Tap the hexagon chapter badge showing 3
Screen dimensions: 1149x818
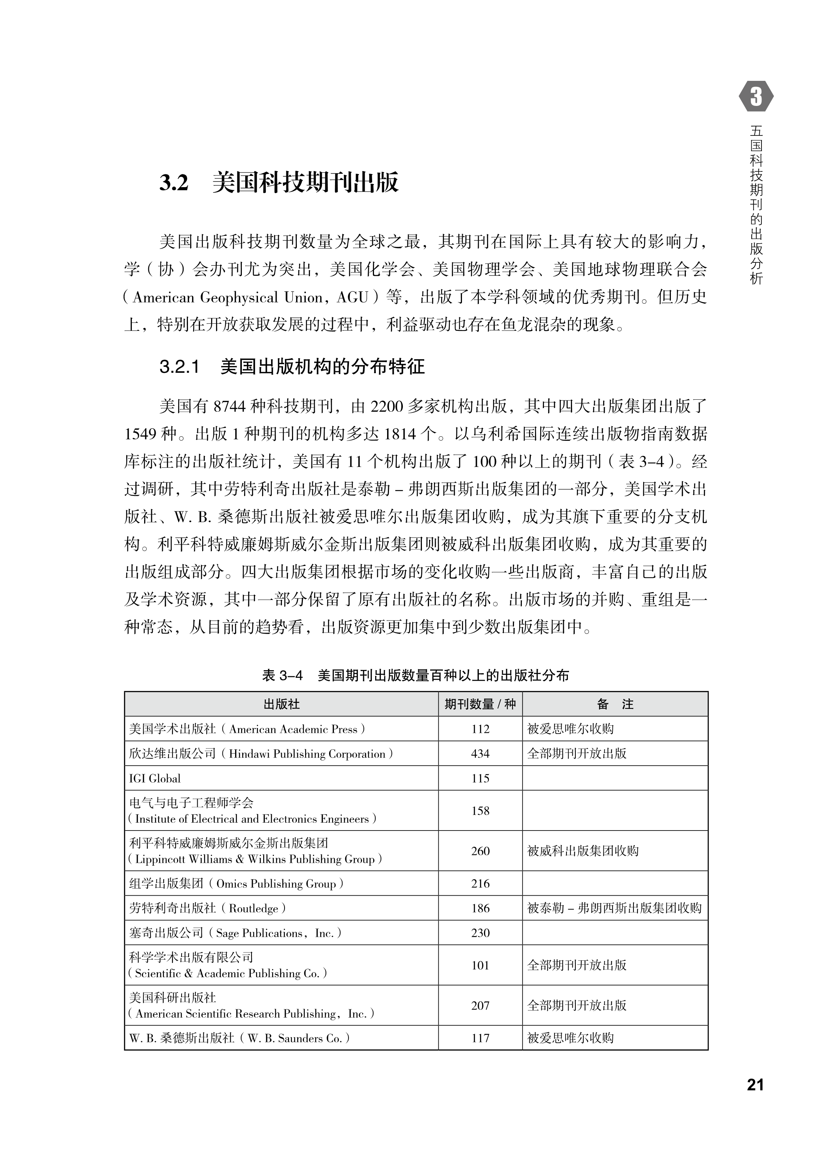click(x=756, y=96)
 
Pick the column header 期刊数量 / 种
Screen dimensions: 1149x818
click(x=480, y=704)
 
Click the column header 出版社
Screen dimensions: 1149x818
click(x=282, y=704)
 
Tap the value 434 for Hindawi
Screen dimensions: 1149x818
click(x=480, y=753)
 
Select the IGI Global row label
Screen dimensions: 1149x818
click(x=155, y=778)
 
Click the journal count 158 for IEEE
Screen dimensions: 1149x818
click(x=480, y=811)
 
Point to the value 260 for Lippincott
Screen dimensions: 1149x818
click(x=480, y=851)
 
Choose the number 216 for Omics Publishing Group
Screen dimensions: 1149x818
click(x=480, y=883)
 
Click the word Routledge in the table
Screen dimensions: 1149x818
click(x=253, y=908)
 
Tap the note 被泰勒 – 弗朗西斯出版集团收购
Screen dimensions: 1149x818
click(x=614, y=908)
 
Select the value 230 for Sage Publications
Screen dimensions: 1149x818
click(x=480, y=933)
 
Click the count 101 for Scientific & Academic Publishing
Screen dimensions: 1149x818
click(x=480, y=965)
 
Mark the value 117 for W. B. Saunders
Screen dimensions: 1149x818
click(x=480, y=1038)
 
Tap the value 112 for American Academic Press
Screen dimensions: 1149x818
click(x=480, y=729)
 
